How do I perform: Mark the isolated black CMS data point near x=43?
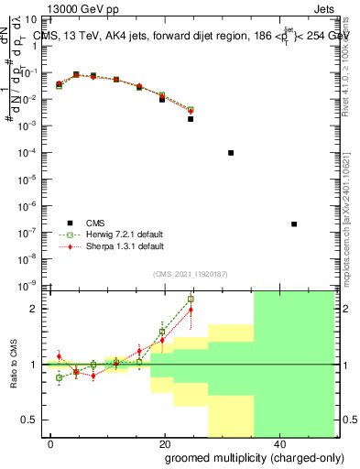(x=294, y=224)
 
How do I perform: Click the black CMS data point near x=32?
(x=231, y=153)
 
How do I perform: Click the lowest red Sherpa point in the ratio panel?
(x=93, y=376)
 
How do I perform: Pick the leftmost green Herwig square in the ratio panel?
(x=60, y=377)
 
